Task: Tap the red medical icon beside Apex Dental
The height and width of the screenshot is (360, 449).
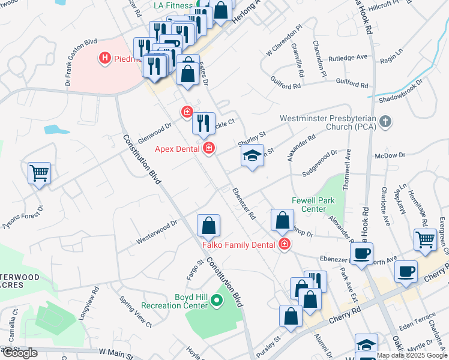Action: pyautogui.click(x=209, y=148)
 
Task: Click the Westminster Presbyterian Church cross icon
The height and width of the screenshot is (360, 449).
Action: pyautogui.click(x=386, y=122)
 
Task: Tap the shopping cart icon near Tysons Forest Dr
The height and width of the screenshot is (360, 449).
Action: pyautogui.click(x=39, y=173)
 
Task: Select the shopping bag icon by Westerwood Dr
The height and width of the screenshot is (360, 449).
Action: pyautogui.click(x=208, y=226)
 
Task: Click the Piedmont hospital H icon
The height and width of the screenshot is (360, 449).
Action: pyautogui.click(x=106, y=58)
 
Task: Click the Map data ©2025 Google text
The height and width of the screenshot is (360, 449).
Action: pyautogui.click(x=412, y=355)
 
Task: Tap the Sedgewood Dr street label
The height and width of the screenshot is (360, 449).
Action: pyautogui.click(x=320, y=162)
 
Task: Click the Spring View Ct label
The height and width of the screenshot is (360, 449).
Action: pyautogui.click(x=136, y=313)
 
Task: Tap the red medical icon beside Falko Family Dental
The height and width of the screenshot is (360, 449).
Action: pyautogui.click(x=283, y=244)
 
